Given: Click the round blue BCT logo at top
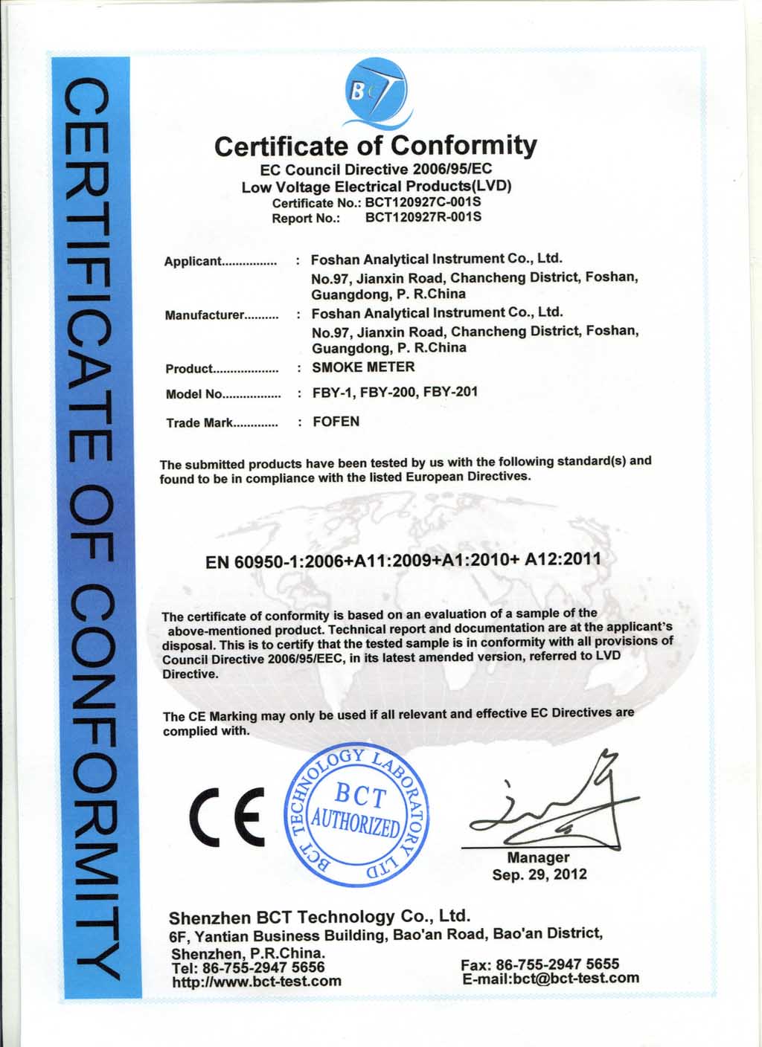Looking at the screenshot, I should click(377, 94).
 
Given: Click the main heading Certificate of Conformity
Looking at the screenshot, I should click(375, 145).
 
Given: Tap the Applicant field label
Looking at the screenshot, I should click(193, 261).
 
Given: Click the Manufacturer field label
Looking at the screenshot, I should click(205, 315).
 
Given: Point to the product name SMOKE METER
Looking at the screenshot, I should click(363, 367).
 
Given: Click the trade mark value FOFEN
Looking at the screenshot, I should click(336, 422).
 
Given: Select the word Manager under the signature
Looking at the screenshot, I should click(538, 858).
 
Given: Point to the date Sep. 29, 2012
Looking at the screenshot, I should click(539, 874).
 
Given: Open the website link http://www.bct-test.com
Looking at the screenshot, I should click(257, 982).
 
